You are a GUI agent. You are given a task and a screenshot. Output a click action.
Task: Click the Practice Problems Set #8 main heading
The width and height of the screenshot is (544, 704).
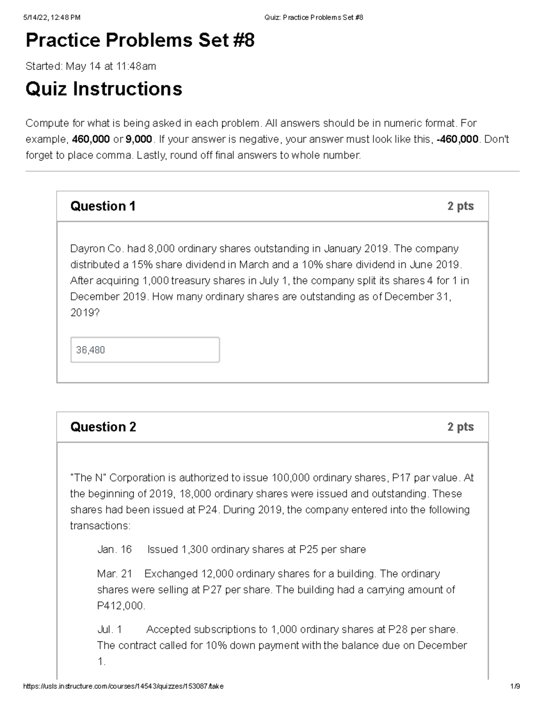tap(140, 41)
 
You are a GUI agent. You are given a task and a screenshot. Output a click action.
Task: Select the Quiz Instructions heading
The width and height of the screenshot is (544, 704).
tap(104, 89)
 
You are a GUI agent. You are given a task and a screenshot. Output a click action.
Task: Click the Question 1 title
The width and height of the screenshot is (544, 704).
tap(103, 206)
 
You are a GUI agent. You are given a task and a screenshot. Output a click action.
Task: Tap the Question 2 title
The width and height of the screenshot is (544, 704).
tap(103, 427)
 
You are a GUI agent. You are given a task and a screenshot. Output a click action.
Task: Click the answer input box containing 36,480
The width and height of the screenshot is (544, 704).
tap(145, 350)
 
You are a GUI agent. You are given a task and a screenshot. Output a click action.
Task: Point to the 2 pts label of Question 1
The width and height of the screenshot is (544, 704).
tap(460, 206)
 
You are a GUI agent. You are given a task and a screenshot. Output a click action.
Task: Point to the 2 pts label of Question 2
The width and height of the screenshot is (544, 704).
tap(460, 427)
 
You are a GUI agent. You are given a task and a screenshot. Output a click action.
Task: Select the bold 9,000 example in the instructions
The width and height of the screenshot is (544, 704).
tap(139, 139)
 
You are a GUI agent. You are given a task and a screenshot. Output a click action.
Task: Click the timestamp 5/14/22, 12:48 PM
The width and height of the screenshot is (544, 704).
tap(52, 18)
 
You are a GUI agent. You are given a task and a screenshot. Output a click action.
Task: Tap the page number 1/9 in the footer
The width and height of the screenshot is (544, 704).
tap(515, 686)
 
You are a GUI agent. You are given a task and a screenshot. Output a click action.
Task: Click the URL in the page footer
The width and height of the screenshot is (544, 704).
tap(123, 686)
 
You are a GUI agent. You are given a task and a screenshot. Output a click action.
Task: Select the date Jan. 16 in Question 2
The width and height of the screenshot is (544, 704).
tap(114, 549)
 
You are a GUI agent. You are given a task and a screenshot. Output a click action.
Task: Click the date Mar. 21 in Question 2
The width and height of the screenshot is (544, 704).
tap(114, 574)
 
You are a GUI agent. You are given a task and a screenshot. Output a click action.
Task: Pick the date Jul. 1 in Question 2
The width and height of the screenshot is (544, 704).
tap(110, 630)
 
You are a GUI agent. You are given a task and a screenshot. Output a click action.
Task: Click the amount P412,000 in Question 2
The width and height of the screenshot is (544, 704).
tap(121, 606)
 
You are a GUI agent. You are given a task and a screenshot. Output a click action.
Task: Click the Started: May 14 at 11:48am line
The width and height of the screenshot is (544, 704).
tap(91, 67)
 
